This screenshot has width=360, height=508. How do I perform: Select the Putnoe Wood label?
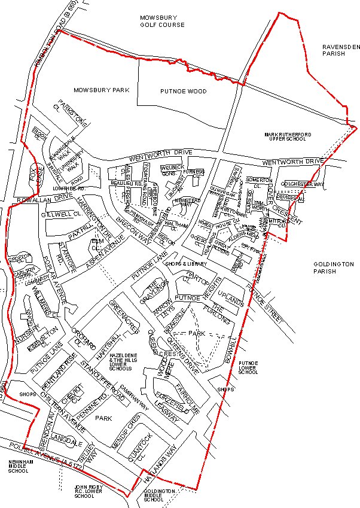click(184, 92)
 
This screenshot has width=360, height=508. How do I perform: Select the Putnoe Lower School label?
click(248, 367)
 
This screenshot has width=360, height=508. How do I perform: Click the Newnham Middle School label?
click(17, 467)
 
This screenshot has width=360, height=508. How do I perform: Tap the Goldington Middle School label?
click(158, 495)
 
